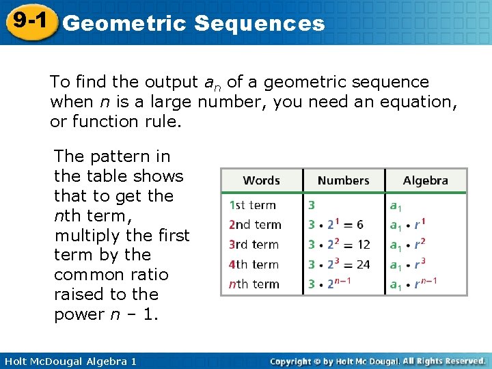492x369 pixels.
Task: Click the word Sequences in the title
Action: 259,24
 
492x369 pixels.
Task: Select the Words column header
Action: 261,180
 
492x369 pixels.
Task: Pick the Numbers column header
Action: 343,180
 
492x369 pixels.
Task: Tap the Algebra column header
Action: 425,180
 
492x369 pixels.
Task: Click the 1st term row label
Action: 252,204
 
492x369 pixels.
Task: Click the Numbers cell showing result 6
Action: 336,225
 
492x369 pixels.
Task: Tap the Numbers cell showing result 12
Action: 339,245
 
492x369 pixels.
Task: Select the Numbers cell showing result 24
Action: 339,264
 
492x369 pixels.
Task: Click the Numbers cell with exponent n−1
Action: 330,284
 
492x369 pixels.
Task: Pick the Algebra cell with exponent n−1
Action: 413,284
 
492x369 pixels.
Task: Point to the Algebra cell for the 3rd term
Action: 407,245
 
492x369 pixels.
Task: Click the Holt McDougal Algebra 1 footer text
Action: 69,361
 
